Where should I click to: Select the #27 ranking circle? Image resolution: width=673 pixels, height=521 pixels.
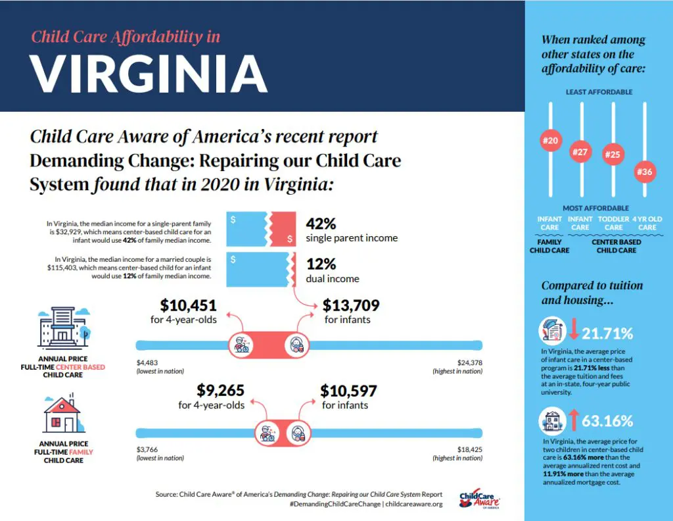(x=580, y=152)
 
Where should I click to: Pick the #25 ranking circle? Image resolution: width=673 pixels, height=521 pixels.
(x=613, y=154)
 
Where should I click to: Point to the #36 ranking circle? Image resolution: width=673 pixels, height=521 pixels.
(x=644, y=172)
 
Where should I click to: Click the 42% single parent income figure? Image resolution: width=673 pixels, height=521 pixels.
(x=321, y=223)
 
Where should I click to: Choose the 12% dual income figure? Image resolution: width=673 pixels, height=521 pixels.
(x=321, y=264)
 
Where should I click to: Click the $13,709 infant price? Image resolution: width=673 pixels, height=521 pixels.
(x=351, y=305)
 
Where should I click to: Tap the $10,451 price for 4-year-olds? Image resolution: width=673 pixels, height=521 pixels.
(x=188, y=305)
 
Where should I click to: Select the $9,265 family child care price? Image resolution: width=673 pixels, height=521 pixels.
(x=221, y=391)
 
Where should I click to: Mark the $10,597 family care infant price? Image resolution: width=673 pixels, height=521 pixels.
(x=348, y=391)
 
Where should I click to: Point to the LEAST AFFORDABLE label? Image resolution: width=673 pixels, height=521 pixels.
(x=599, y=92)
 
